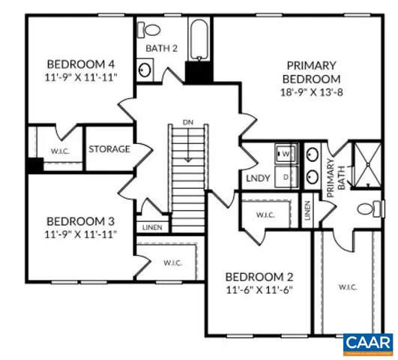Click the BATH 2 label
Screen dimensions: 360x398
[x=160, y=48]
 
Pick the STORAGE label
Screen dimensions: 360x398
[x=109, y=149]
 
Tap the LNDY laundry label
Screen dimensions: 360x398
[x=258, y=179]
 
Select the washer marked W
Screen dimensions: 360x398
[x=286, y=154]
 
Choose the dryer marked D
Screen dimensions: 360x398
[x=286, y=177]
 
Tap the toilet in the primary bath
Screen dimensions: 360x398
[x=367, y=208]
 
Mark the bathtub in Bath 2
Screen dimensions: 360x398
[x=199, y=40]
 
